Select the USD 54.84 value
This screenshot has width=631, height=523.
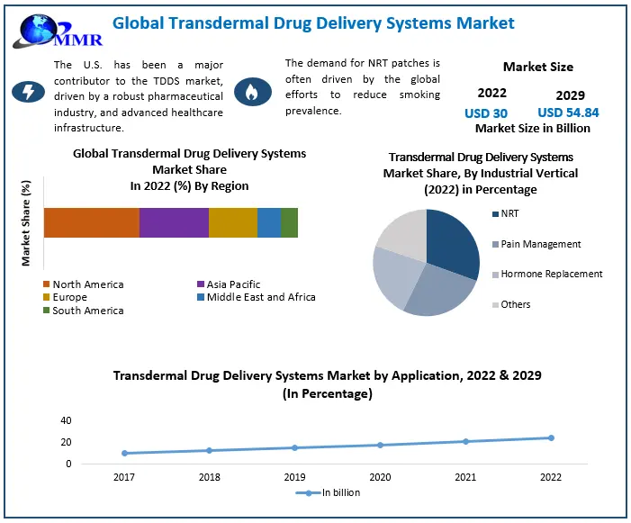tap(568, 113)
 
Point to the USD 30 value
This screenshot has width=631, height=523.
tap(486, 113)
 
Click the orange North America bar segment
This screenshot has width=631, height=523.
tap(91, 222)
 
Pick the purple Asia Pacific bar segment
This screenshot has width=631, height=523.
tap(174, 222)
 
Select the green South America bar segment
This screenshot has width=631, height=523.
tap(289, 222)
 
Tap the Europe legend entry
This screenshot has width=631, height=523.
tap(70, 297)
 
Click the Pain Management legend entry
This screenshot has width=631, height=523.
tap(540, 244)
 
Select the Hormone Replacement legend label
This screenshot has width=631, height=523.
tap(551, 274)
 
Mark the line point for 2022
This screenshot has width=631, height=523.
tap(551, 438)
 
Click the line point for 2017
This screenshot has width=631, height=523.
tap(124, 453)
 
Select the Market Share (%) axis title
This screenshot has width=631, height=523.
tap(26, 223)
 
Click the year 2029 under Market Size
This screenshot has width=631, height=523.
tap(570, 95)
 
